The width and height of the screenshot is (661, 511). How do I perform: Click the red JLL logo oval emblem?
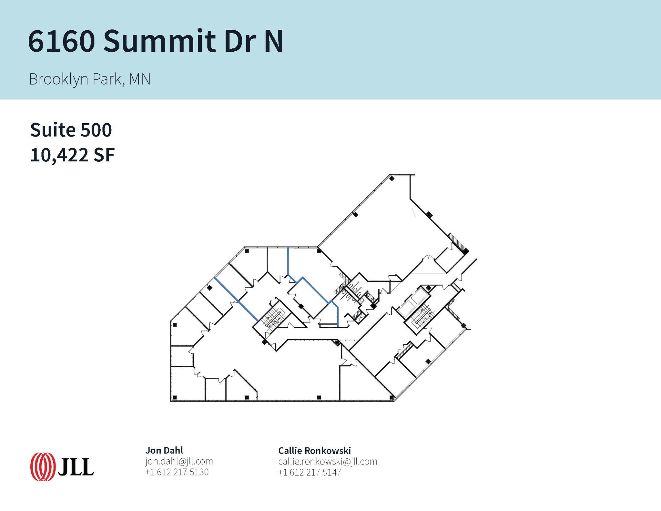(42, 467)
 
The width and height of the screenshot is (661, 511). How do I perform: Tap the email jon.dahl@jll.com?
(179, 461)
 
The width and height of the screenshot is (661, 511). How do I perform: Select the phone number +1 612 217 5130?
(177, 472)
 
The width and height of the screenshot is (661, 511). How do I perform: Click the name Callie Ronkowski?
(314, 450)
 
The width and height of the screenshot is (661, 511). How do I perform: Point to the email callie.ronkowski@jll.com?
(328, 461)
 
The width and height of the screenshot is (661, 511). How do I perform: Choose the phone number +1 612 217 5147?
(310, 472)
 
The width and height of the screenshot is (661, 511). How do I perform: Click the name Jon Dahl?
(164, 450)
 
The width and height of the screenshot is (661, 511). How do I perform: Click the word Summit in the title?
(159, 41)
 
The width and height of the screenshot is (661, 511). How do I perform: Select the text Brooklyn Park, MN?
(90, 79)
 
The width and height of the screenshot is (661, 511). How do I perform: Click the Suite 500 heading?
(71, 130)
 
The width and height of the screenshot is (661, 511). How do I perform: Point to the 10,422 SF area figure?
(72, 155)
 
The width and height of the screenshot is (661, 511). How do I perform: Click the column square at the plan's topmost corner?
(392, 178)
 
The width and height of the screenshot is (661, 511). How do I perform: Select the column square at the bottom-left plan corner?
(175, 397)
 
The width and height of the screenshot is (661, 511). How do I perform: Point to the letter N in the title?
(274, 41)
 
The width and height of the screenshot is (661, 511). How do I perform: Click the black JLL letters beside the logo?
(76, 467)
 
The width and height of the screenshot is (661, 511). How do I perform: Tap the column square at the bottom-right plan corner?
(392, 397)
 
